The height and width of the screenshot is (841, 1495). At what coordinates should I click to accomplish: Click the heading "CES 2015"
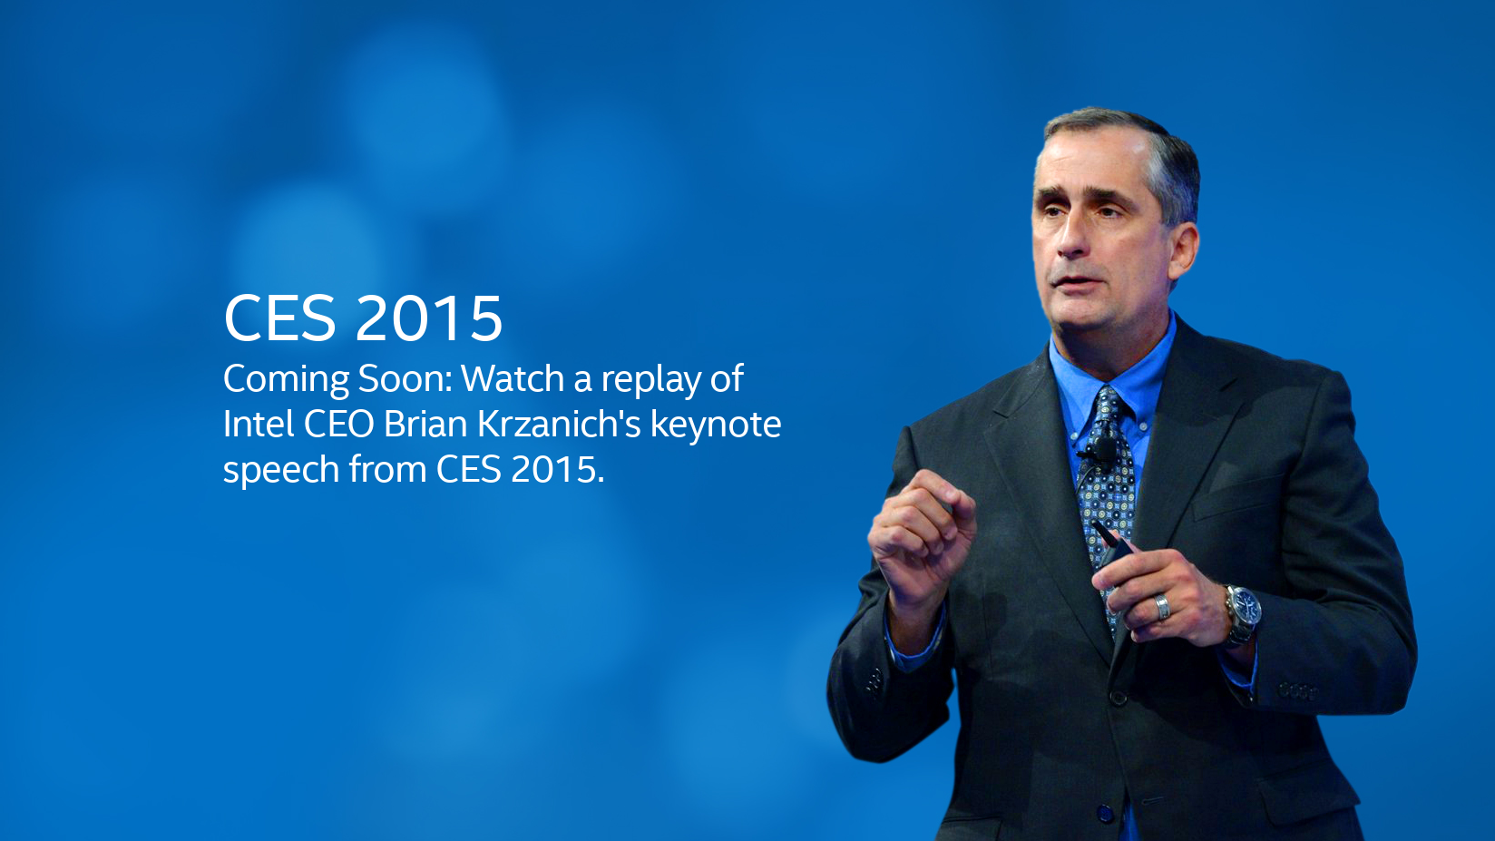(x=362, y=318)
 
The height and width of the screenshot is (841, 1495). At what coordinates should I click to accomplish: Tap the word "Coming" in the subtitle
(x=286, y=380)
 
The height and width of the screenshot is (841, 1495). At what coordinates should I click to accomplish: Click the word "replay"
(x=650, y=380)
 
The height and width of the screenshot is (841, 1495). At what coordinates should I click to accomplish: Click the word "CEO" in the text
(x=338, y=424)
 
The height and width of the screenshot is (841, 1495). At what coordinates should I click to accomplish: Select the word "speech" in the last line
(x=281, y=470)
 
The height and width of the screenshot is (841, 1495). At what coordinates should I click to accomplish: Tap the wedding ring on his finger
(x=1163, y=607)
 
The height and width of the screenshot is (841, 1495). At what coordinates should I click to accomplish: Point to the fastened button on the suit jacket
(x=1119, y=697)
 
